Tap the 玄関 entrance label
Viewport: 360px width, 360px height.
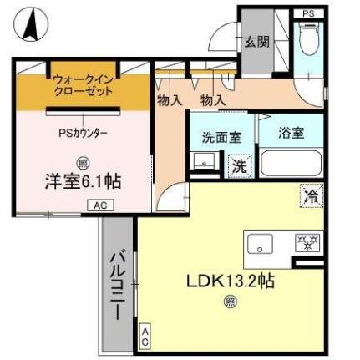coord(256,42)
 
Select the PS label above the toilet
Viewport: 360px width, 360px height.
coord(309,13)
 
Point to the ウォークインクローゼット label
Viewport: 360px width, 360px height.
coord(83,86)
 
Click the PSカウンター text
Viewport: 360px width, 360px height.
coord(83,131)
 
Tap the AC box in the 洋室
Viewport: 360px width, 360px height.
coord(99,205)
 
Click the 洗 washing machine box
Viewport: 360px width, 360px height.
coord(239,166)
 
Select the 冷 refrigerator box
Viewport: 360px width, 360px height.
coord(311,197)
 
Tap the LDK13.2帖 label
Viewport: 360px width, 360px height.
coord(230,281)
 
